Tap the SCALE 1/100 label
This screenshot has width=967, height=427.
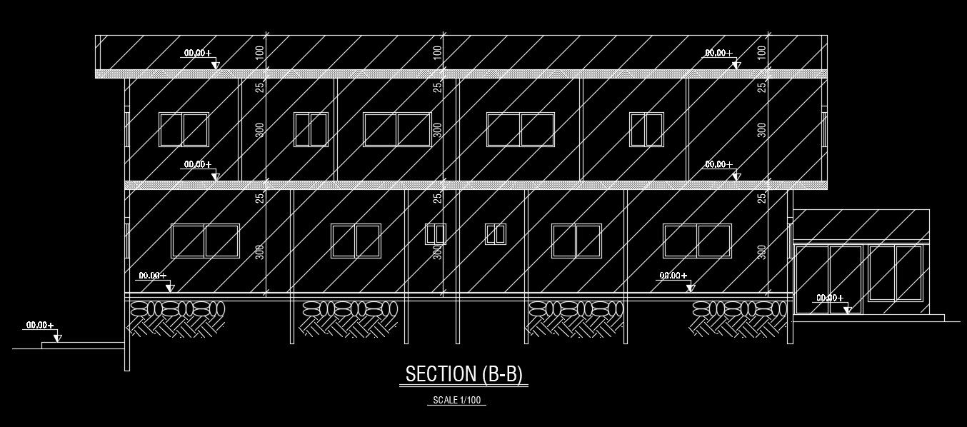[456, 401]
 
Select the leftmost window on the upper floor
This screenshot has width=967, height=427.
[184, 129]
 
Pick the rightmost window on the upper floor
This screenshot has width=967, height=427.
[646, 129]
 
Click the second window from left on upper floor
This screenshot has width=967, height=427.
[311, 129]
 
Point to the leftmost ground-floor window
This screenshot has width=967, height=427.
[205, 241]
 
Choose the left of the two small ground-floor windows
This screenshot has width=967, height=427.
[436, 234]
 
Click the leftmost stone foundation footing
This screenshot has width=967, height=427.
[176, 318]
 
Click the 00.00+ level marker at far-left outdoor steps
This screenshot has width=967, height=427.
[41, 326]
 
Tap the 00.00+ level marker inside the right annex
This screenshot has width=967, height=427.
[830, 298]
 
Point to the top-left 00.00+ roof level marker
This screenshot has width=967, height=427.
[198, 53]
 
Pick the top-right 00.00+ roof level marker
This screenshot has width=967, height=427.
[719, 53]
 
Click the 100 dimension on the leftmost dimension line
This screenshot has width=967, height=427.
[259, 51]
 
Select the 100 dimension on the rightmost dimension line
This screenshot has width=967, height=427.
[762, 51]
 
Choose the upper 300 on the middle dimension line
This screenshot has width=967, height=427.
[438, 129]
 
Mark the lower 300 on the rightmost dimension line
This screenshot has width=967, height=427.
[762, 252]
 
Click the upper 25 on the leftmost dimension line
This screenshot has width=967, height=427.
[260, 86]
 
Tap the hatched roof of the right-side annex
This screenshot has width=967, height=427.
[861, 224]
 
